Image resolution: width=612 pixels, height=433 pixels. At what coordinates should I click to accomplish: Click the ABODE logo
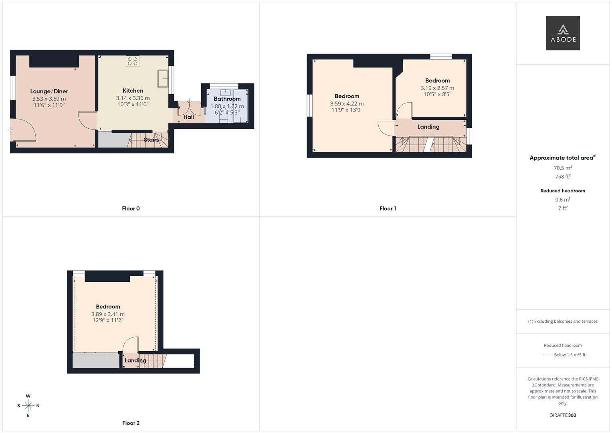563,33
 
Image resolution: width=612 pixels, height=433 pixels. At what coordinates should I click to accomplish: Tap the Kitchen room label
133,91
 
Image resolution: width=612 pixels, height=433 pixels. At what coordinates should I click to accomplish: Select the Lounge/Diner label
49,91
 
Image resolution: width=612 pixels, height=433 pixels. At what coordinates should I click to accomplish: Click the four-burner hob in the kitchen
133,61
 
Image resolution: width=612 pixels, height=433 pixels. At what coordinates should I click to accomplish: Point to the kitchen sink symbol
163,79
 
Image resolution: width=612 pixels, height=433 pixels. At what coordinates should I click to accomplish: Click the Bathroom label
227,99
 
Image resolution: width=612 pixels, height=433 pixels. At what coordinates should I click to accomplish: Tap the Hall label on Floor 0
188,117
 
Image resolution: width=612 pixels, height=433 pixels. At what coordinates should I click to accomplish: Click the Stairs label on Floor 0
151,140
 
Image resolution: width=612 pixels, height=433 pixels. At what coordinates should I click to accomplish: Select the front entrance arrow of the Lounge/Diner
10,130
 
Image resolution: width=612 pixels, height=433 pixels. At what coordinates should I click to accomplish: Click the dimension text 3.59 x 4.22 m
347,103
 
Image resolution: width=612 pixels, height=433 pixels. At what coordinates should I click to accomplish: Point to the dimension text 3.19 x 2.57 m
437,88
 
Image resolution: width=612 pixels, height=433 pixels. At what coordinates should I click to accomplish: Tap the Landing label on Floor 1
428,127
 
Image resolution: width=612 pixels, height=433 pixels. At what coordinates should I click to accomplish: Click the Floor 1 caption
388,208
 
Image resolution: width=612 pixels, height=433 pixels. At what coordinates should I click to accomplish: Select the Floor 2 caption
131,423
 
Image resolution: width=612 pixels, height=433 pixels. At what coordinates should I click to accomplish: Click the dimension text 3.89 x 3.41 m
108,314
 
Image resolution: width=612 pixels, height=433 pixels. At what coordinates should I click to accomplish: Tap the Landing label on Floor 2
135,360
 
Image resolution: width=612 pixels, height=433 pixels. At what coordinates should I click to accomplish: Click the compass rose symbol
28,406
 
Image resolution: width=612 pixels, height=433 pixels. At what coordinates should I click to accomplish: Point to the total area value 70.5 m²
563,168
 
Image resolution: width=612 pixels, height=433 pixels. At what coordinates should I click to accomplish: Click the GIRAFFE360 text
563,415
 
